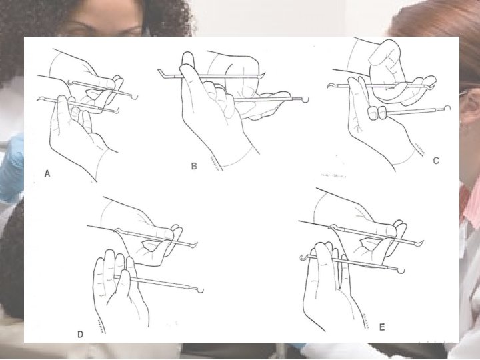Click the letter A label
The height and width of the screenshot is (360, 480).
coord(47,173)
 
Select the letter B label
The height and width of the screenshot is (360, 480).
coord(194,166)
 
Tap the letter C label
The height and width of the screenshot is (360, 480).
coord(436,161)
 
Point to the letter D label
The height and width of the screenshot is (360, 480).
coord(80,334)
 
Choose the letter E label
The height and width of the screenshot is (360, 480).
coord(382,327)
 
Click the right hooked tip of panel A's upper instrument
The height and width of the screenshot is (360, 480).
coord(135,97)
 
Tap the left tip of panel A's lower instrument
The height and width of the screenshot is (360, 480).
coord(39,99)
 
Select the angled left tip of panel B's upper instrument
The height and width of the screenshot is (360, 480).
coord(161,73)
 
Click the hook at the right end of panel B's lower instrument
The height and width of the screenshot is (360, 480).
coord(306,99)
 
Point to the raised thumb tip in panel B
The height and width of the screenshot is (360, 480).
coord(187,57)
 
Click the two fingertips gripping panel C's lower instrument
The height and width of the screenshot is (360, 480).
coord(377,113)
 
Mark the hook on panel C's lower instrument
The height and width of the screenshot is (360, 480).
coord(447,108)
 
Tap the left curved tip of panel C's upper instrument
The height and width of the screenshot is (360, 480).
coord(330,85)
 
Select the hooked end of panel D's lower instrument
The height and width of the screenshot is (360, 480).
coord(200,290)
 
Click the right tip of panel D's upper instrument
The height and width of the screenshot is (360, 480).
coord(195,244)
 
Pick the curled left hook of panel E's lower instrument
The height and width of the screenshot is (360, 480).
coord(303,257)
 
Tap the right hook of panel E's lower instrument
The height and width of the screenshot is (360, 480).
coord(401,271)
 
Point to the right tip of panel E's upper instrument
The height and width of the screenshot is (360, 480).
coord(421,243)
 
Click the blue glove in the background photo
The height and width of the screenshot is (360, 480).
coord(11,168)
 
